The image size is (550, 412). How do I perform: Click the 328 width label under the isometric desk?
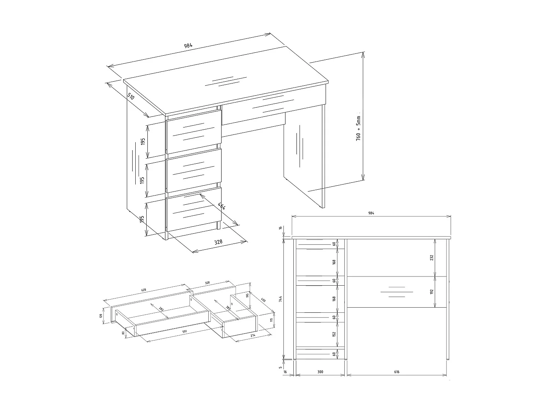point(218,242)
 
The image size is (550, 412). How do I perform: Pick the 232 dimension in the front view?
point(432,257)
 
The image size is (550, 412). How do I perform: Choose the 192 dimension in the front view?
point(432,292)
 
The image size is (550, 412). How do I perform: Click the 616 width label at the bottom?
point(397,372)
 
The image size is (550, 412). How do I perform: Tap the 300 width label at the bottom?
point(320,372)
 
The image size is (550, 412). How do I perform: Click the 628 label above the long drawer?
point(144,290)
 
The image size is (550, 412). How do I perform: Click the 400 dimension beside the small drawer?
point(263,300)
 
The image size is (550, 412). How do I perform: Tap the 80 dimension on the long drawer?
point(123,333)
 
